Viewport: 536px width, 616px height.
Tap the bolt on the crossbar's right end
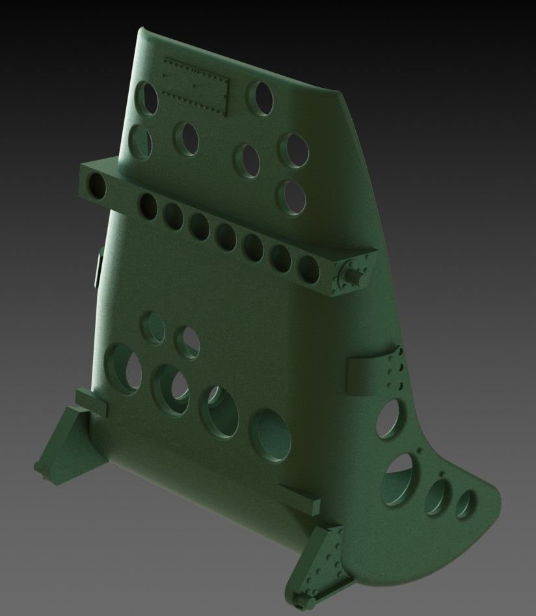click(x=355, y=276)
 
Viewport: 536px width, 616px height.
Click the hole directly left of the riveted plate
click(x=147, y=99)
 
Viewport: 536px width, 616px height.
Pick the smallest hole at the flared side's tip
click(x=464, y=504)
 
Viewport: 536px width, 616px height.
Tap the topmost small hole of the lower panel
click(x=153, y=325)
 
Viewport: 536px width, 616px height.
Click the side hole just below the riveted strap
click(x=389, y=418)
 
